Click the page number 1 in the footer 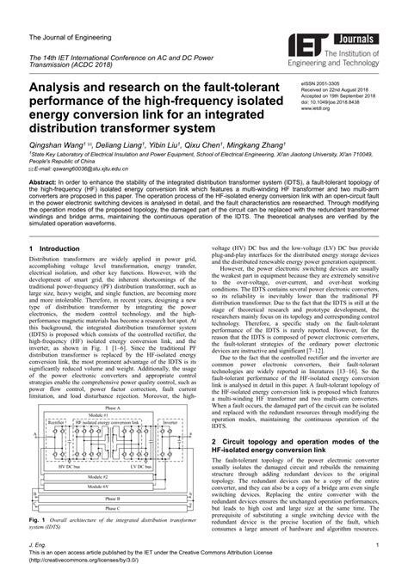point(379,545)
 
